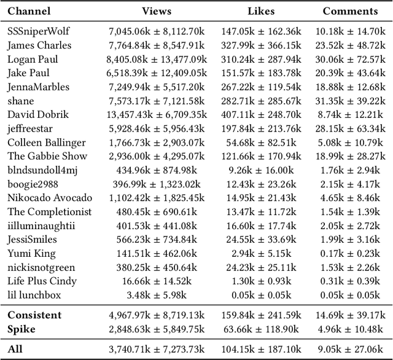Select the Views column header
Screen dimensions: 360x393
pos(157,11)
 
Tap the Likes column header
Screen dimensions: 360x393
pos(262,11)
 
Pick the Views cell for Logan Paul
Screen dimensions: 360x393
pos(157,59)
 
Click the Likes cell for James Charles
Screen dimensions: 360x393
pos(262,45)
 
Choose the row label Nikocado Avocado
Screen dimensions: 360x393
pos(50,198)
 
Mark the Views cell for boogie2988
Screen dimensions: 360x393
pos(157,184)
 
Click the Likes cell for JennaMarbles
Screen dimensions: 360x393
pos(262,87)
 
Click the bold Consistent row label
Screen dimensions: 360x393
pos(34,315)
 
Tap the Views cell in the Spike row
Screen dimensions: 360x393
pos(157,329)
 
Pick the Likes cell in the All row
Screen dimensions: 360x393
pos(262,350)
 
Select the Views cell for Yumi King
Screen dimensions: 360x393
pos(157,253)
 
